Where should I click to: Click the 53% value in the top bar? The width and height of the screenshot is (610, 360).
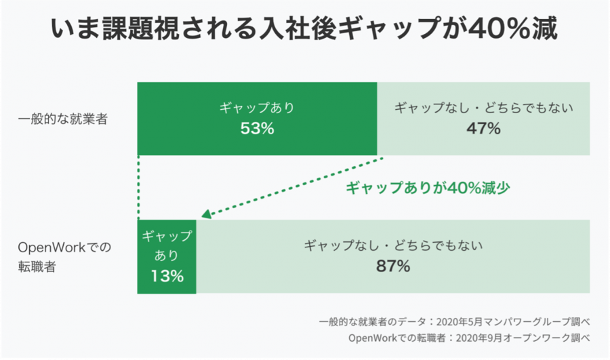(257, 128)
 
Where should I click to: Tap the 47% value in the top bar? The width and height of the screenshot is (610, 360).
(483, 128)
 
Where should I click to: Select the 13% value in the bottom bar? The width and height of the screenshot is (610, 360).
(167, 276)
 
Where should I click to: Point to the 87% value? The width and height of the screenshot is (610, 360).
(393, 266)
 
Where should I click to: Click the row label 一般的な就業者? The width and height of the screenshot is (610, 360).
(63, 119)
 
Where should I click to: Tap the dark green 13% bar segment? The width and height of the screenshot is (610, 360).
(167, 288)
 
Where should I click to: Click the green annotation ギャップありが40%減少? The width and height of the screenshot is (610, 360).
(428, 188)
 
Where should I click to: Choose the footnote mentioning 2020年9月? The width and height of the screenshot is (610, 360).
(468, 338)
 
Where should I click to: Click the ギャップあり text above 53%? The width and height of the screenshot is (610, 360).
(257, 108)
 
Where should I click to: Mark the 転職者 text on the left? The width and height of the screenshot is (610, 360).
(37, 266)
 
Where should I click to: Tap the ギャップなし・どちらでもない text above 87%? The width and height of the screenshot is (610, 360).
(393, 245)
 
